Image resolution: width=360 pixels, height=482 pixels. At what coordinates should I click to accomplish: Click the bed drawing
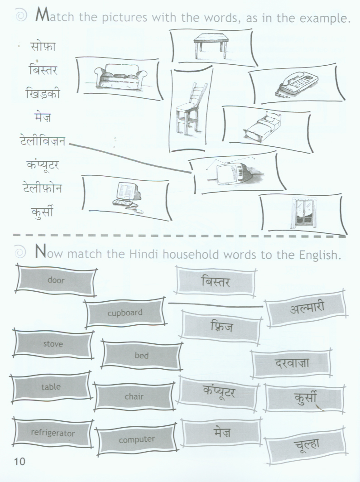tap(262, 125)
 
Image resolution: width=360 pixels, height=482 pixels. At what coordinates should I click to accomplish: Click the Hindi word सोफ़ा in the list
tap(43, 46)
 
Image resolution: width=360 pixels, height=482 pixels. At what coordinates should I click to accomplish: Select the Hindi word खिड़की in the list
tap(43, 93)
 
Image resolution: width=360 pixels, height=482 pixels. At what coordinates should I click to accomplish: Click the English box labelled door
tap(56, 280)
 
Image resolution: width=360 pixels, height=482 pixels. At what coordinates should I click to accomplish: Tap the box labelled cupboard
tap(125, 313)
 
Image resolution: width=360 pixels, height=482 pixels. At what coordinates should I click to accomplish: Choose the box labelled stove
tap(53, 344)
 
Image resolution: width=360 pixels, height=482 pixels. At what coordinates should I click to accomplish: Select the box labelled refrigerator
tap(53, 433)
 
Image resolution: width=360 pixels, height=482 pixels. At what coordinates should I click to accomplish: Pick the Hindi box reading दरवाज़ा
tap(291, 363)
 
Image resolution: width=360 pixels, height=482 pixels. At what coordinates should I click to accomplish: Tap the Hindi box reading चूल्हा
tap(306, 444)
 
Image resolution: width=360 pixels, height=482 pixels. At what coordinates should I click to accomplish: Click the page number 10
tap(19, 462)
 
